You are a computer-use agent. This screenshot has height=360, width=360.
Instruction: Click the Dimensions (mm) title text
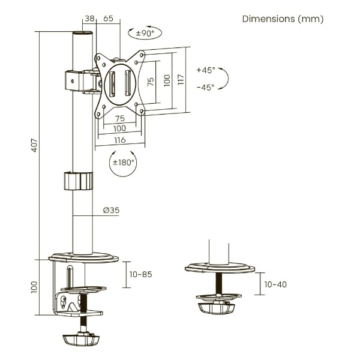[283, 19]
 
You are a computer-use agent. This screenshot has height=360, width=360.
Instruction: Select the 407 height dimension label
[34, 145]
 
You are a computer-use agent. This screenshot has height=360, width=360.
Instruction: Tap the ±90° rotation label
[145, 33]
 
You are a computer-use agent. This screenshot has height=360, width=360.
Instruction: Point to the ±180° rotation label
[123, 163]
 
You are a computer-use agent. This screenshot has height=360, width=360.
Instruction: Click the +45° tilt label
[206, 70]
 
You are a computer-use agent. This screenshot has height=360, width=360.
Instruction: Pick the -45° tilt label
[206, 88]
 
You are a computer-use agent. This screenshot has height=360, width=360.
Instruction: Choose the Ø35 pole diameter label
[111, 210]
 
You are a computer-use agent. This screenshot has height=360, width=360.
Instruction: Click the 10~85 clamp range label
[140, 274]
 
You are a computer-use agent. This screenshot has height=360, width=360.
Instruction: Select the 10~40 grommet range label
[275, 284]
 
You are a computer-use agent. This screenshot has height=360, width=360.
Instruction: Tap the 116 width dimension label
[120, 140]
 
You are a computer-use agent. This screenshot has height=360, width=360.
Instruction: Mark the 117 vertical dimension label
[181, 79]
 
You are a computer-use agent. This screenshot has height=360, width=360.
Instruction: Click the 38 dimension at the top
[89, 19]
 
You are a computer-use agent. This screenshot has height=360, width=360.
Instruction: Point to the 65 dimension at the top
[108, 19]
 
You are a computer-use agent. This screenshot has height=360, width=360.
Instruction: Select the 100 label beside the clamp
[34, 287]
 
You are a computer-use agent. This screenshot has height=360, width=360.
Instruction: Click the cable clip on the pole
[78, 181]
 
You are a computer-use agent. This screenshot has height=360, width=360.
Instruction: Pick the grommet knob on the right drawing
[217, 308]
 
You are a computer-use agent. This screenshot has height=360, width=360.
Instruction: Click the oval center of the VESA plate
[120, 84]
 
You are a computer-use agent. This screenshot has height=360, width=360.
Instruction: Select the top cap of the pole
[83, 33]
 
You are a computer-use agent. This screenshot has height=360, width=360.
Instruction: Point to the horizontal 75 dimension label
[120, 118]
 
